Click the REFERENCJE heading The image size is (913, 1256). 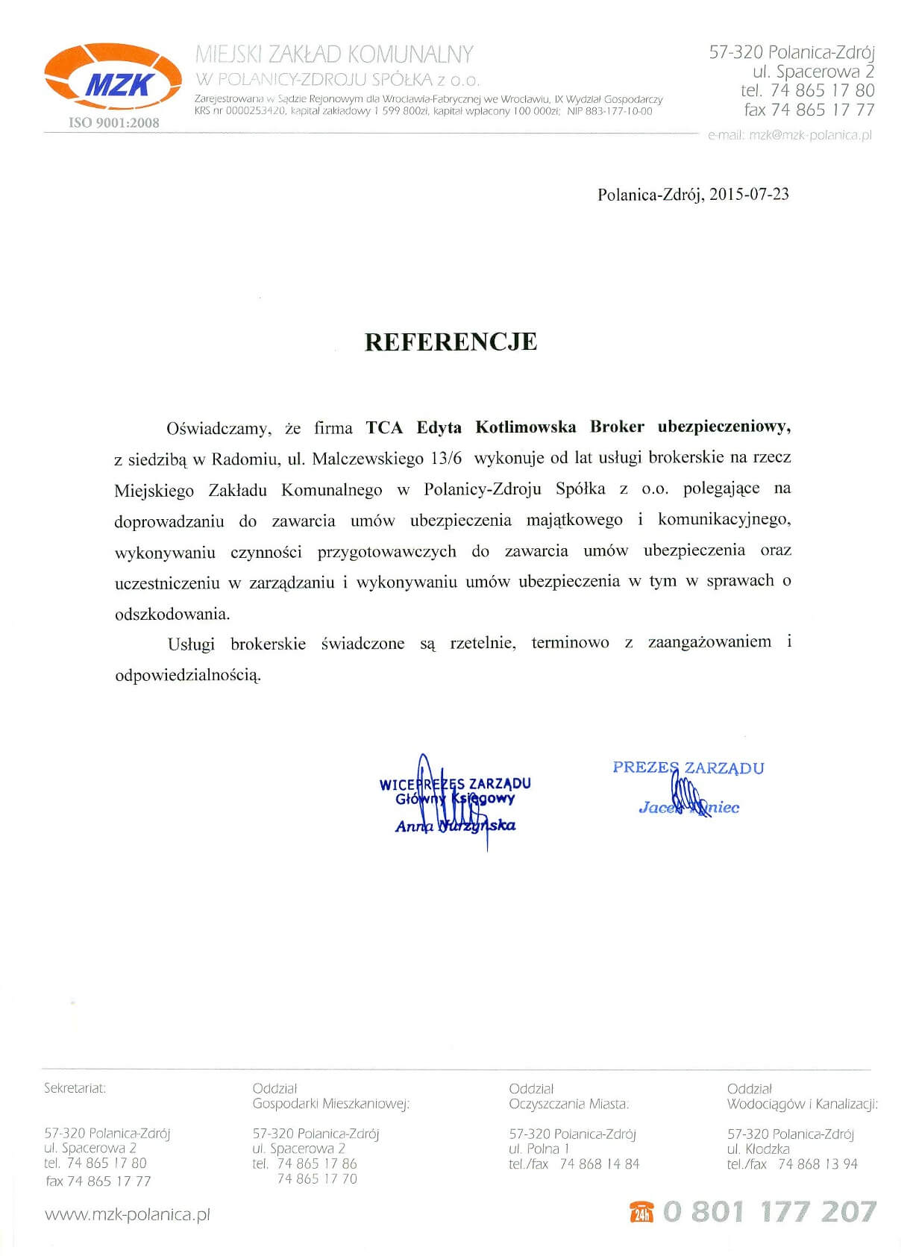(x=451, y=342)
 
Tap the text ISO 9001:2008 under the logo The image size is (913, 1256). (x=114, y=123)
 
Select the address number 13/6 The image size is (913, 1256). (x=447, y=459)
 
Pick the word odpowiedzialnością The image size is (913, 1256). (x=188, y=676)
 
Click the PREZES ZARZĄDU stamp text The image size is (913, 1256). (x=688, y=768)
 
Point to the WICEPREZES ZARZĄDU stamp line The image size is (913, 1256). (x=455, y=784)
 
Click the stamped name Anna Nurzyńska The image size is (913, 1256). (x=455, y=826)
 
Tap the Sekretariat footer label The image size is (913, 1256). (x=75, y=1088)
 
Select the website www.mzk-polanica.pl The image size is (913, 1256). (x=128, y=1214)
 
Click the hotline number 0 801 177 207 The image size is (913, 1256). (x=769, y=1212)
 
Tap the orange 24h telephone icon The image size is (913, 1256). (x=641, y=1213)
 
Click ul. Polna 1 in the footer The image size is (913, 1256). (x=539, y=1149)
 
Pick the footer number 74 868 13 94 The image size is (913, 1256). (x=818, y=1164)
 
